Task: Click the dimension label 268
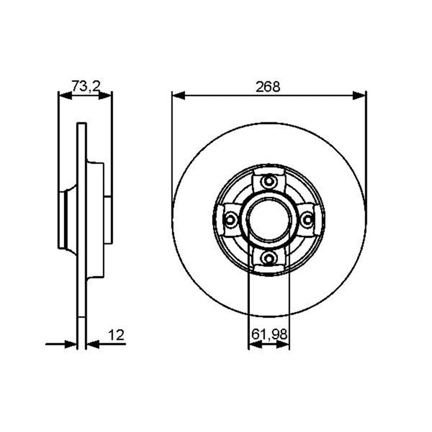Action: (268, 86)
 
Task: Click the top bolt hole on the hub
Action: (269, 181)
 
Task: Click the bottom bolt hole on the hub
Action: (269, 258)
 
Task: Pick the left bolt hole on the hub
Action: (231, 220)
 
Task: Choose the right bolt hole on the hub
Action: (307, 220)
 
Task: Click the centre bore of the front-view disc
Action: (269, 220)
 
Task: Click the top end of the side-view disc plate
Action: (82, 126)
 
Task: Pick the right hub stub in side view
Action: (108, 220)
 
